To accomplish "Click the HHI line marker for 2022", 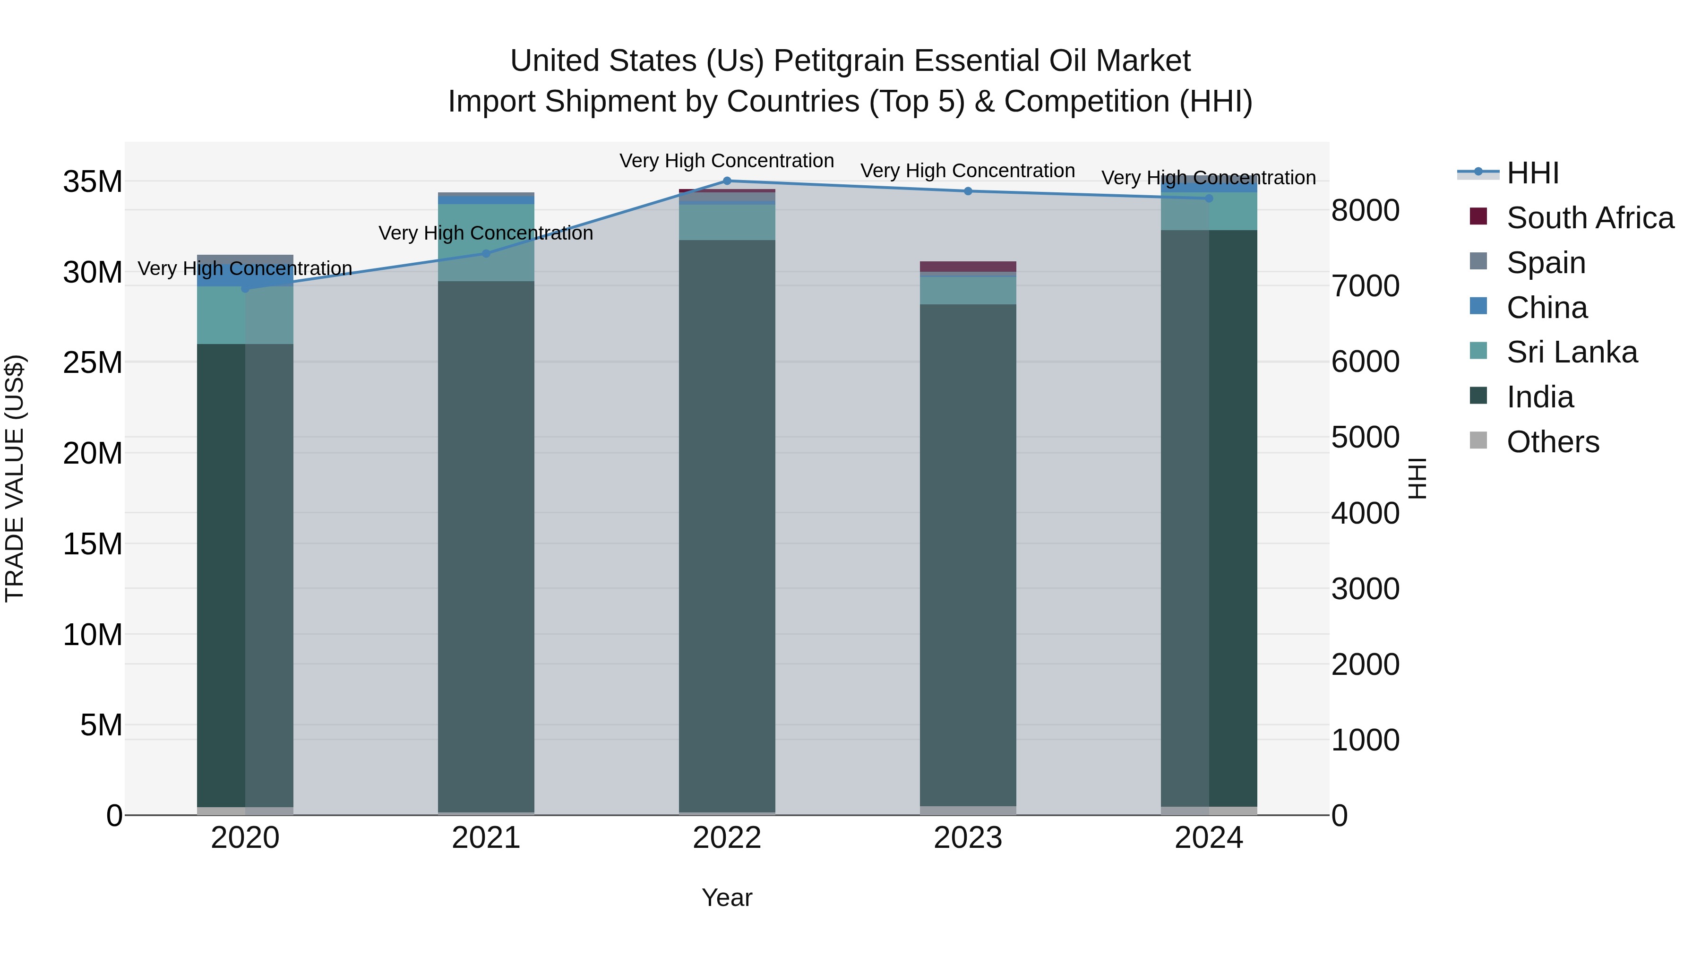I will [x=727, y=181].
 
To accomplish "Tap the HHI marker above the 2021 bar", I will [x=486, y=254].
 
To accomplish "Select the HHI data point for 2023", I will [x=968, y=191].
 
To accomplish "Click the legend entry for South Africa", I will [x=1589, y=218].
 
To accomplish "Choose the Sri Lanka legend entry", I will [x=1572, y=352].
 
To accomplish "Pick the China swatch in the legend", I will [x=1478, y=306].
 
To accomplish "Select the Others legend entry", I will [x=1553, y=442].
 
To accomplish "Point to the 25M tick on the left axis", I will [x=93, y=362].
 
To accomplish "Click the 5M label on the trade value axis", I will [x=101, y=725].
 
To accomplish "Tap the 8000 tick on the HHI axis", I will [x=1365, y=211].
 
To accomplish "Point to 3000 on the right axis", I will [x=1365, y=589].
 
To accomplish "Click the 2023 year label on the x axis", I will [x=968, y=838].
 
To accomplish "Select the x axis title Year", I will [x=727, y=897].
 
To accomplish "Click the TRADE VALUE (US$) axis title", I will [x=15, y=478].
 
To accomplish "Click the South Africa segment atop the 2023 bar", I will [x=968, y=266].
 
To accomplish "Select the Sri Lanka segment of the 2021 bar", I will [x=486, y=242].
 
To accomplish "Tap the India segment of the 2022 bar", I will [x=727, y=525].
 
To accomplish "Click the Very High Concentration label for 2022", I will [x=727, y=161].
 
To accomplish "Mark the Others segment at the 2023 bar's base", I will [x=968, y=810].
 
